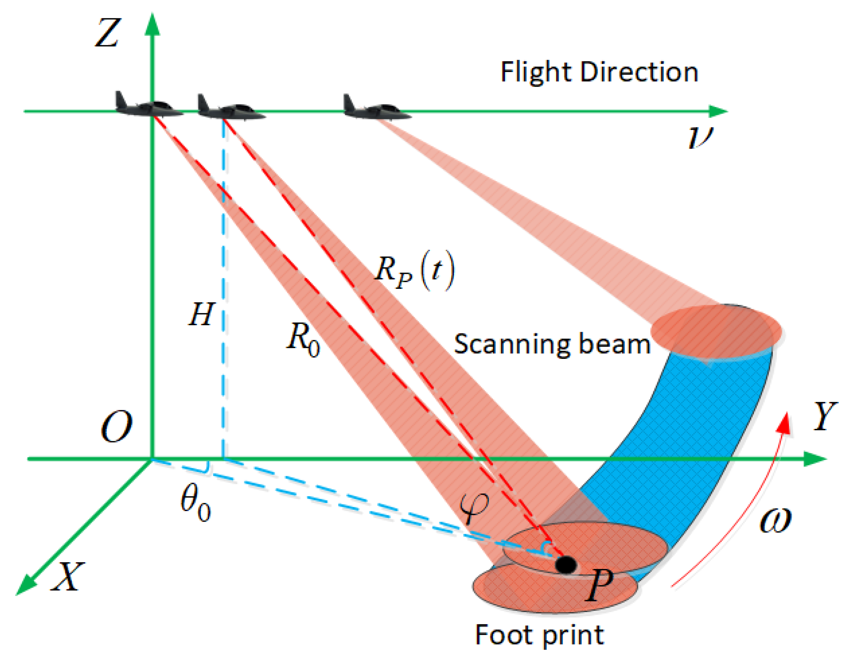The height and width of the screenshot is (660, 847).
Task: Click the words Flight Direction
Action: pos(599,72)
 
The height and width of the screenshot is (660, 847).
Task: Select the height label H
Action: pos(201,314)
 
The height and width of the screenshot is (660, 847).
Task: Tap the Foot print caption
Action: pos(539,635)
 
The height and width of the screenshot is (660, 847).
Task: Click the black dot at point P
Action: pos(566,564)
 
